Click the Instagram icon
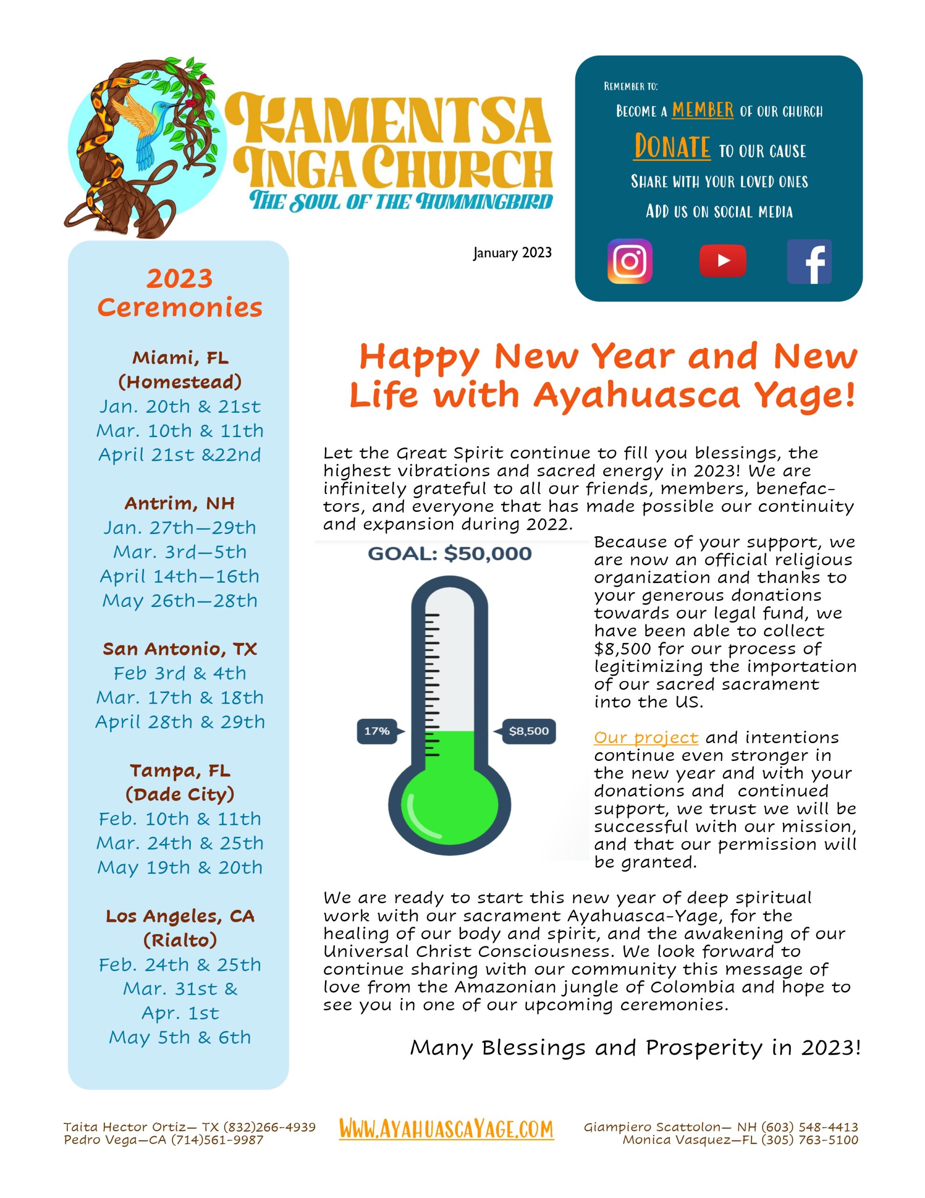point(629,261)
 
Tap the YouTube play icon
point(722,261)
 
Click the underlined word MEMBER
point(702,110)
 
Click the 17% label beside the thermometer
point(377,730)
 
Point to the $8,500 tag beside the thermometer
point(528,730)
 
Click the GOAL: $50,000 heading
point(449,554)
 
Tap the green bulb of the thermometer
point(449,805)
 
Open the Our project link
point(645,738)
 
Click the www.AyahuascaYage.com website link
point(446,1129)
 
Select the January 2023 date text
point(512,253)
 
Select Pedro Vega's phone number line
point(163,1140)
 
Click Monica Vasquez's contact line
point(740,1140)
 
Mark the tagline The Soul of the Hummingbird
point(401,201)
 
